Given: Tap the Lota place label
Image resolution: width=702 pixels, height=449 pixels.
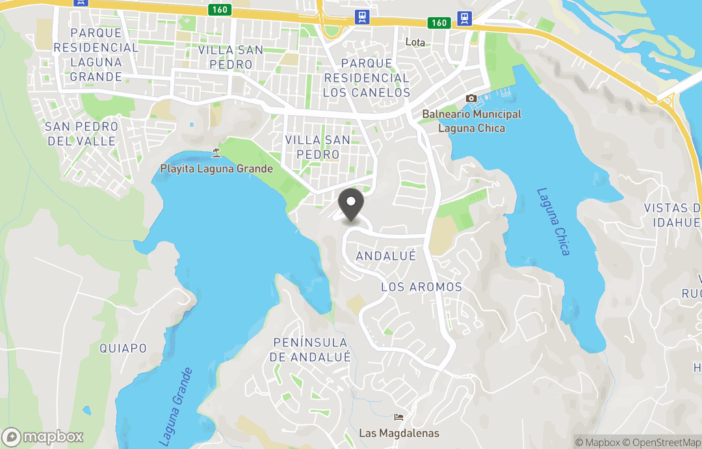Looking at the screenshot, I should point(415,42).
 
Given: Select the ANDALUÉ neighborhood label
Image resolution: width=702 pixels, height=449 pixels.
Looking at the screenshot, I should point(385,256).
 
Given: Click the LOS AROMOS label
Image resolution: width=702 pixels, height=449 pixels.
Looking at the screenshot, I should point(421,287).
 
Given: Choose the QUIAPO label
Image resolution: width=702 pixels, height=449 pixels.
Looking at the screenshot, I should point(123,348).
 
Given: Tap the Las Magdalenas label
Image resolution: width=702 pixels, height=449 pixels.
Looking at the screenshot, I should point(399,433).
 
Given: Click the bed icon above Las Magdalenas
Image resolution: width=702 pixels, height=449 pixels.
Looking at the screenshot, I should point(399,417).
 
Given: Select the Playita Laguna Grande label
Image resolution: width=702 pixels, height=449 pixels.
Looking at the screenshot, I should point(216,169).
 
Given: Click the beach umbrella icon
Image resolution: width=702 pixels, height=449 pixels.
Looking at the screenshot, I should point(216,153).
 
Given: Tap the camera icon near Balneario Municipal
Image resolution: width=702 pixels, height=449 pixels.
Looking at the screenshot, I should point(471,98).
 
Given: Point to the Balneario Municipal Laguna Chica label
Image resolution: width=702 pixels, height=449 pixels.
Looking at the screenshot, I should point(471,121).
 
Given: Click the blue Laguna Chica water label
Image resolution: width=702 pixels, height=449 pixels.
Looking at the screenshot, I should point(553,221).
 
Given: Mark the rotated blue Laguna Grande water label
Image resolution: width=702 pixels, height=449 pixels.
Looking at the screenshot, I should point(176,407).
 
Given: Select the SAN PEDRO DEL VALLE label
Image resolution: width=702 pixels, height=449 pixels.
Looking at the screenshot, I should point(81,133).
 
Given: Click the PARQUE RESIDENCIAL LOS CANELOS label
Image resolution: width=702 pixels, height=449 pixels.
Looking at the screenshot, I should point(367,77).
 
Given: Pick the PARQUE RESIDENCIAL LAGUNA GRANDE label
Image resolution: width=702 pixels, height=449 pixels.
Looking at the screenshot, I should point(96,55).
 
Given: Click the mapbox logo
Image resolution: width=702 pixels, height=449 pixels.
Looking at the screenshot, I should point(44,437).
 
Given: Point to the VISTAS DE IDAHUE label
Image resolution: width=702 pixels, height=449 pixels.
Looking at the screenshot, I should point(673,215).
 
